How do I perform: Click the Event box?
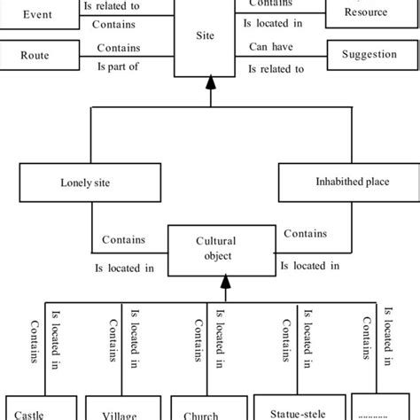click(37, 13)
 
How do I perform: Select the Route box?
click(35, 55)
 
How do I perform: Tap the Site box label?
click(210, 37)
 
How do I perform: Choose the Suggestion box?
click(370, 55)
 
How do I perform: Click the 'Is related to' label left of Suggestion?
click(276, 66)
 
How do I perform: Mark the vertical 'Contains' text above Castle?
click(34, 337)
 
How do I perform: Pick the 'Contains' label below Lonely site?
click(123, 239)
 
